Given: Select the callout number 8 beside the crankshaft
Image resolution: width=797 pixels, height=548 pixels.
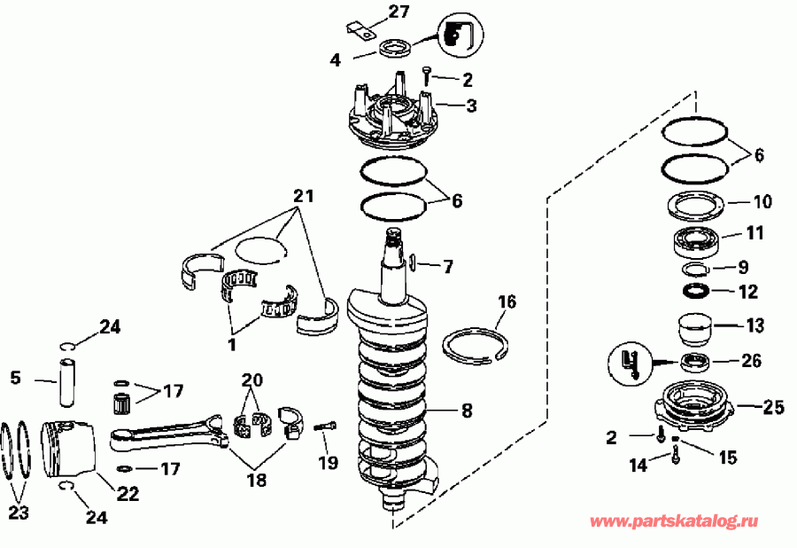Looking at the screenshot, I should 467,411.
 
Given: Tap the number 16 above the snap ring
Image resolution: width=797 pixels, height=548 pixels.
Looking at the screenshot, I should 506,302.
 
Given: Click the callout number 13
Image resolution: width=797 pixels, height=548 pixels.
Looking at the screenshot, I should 754,325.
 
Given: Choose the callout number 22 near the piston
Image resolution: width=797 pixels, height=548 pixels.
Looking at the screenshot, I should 128,494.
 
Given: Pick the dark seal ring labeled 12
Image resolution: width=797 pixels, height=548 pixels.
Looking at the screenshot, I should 696,291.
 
